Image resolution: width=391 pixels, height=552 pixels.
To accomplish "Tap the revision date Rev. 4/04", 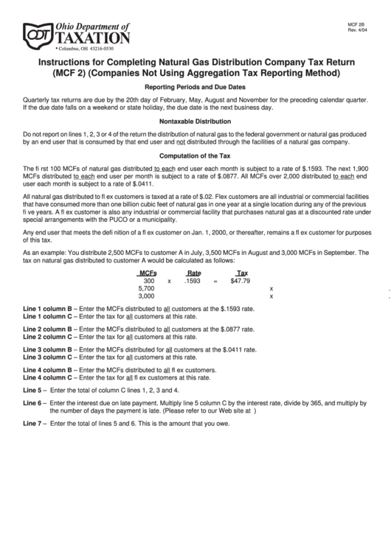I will (358, 30).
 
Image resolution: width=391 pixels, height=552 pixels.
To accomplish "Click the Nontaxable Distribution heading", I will (195, 121).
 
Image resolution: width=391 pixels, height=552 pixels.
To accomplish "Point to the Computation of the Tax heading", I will (195, 156).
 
